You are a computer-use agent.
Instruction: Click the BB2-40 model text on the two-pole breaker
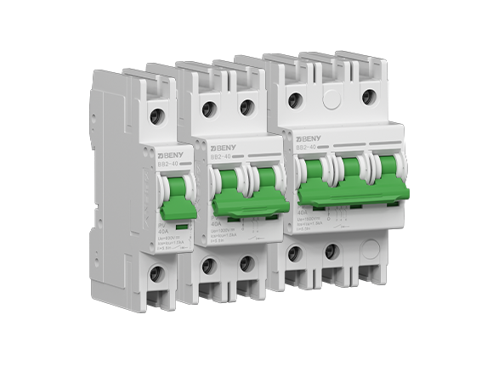pyautogui.click(x=222, y=158)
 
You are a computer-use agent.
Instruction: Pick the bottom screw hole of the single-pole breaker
pyautogui.click(x=156, y=273)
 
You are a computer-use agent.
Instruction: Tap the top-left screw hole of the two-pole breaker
pyautogui.click(x=207, y=108)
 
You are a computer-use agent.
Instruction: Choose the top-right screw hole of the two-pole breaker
pyautogui.click(x=246, y=106)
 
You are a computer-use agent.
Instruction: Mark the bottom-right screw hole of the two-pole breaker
pyautogui.click(x=246, y=263)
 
